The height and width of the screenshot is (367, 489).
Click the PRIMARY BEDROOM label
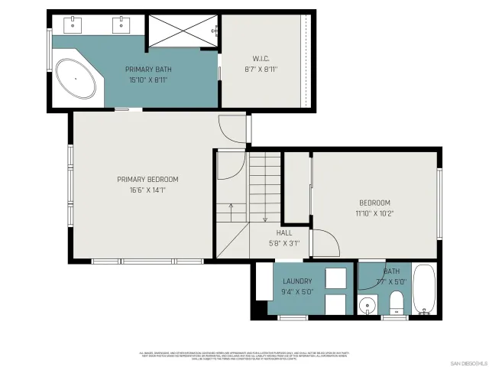pos(142,180)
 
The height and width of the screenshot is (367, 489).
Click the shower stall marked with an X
pos(182,31)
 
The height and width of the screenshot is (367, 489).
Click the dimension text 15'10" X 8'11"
pos(148,80)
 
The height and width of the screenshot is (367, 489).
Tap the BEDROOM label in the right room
pos(374,203)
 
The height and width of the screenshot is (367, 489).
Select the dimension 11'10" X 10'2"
pos(375,213)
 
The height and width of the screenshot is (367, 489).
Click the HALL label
pos(283,233)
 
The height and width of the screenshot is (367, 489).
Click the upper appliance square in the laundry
pos(335,278)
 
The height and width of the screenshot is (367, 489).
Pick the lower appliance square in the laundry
pos(335,304)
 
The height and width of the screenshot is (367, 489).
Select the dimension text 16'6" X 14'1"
pos(142,190)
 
